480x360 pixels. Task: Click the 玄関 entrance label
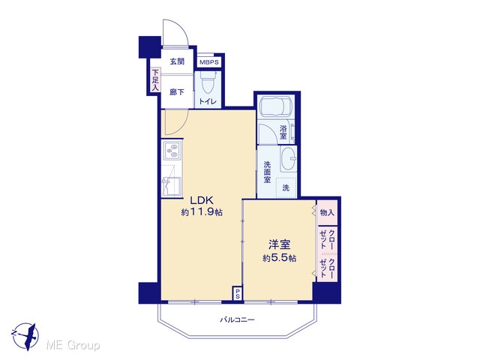tap(177, 61)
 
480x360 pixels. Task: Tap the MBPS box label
tap(209, 62)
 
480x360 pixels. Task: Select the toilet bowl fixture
tap(208, 82)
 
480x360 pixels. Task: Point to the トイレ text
tap(208, 102)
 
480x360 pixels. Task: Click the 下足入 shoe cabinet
tap(155, 80)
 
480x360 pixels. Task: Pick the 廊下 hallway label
tap(177, 91)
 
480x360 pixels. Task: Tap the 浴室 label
tap(283, 132)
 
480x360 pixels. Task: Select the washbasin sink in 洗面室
tap(288, 158)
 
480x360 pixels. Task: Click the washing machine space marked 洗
tap(286, 187)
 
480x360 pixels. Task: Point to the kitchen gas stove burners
tap(172, 151)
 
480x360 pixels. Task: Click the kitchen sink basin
tap(172, 187)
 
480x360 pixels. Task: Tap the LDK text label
tap(202, 200)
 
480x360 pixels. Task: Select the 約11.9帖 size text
tap(202, 212)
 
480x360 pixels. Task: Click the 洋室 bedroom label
tap(280, 245)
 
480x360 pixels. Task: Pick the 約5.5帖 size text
tap(280, 258)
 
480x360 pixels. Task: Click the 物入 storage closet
tap(327, 212)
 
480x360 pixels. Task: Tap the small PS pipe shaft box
tap(238, 293)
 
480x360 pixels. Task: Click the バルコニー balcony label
tap(238, 320)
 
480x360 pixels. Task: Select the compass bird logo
tap(25, 336)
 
